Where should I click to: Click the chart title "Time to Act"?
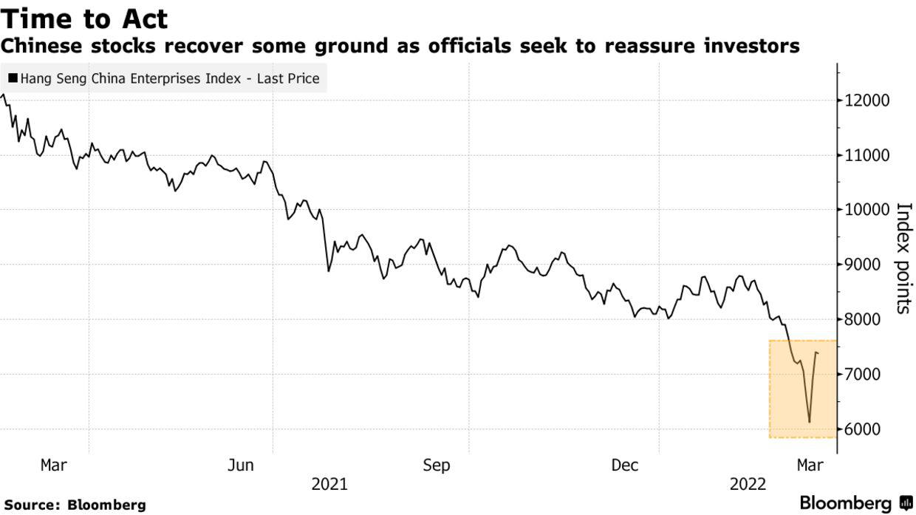pos(85,18)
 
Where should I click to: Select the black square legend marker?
pos(13,78)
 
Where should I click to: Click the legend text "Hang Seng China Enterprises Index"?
pos(130,78)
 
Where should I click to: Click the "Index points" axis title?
pos(903,257)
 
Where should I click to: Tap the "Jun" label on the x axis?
pos(242,465)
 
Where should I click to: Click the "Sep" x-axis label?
pos(436,465)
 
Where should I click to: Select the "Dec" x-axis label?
pos(625,465)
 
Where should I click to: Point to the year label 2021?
pos(329,485)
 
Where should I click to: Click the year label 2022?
pos(748,485)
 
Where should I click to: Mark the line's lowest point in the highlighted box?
pos(810,423)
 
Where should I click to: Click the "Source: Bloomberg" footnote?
pos(75,505)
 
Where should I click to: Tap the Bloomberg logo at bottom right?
pos(855,504)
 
